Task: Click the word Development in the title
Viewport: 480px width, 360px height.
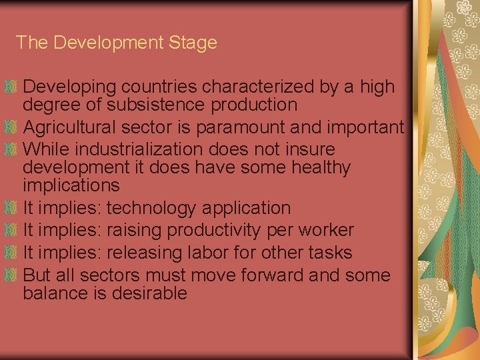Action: coord(108,43)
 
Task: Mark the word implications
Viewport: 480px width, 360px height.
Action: coord(71,185)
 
